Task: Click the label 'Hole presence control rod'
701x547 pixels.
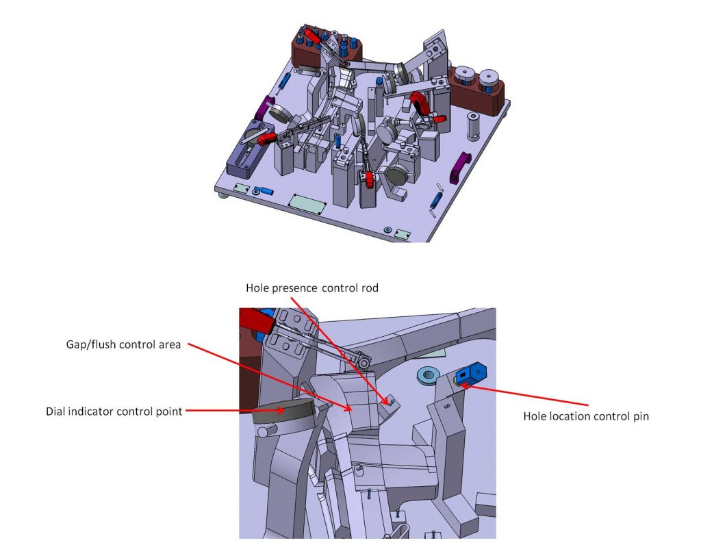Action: (x=312, y=288)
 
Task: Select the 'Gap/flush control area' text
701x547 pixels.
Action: (x=123, y=344)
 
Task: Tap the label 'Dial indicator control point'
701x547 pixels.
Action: (x=114, y=411)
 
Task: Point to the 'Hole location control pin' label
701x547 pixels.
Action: (x=586, y=416)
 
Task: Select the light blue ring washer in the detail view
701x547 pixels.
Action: (x=427, y=376)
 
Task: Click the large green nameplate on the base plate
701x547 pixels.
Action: (x=307, y=205)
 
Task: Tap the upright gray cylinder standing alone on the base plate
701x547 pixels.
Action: (x=473, y=126)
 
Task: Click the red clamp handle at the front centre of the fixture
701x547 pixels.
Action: (x=369, y=179)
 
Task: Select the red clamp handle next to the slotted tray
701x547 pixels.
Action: (x=266, y=139)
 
